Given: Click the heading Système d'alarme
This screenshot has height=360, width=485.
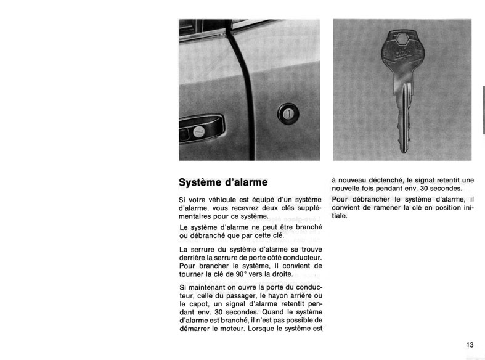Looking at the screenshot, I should click(x=223, y=182).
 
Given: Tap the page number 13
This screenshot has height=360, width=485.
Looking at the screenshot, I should click(x=470, y=345).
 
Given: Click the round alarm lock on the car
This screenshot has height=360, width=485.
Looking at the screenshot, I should click(x=288, y=113).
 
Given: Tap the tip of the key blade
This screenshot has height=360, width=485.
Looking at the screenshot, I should click(x=403, y=150).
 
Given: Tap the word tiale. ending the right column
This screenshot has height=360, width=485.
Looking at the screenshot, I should click(x=340, y=216).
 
